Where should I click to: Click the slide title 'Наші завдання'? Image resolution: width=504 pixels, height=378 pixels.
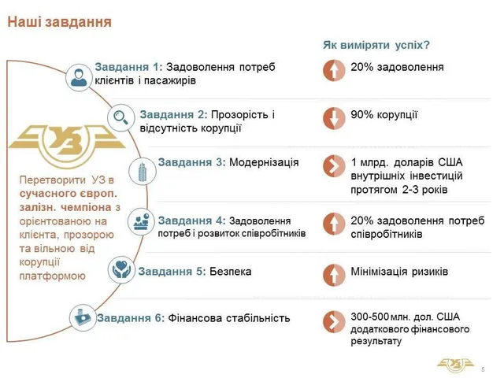(60, 22)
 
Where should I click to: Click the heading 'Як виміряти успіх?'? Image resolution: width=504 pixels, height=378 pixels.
(376, 45)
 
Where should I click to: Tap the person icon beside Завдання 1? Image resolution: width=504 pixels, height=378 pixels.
(79, 77)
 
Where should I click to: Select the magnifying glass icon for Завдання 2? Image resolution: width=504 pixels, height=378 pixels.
(120, 117)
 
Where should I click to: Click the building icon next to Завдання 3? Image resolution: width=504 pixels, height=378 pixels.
(142, 172)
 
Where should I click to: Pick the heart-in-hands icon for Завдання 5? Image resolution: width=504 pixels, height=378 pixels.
(121, 269)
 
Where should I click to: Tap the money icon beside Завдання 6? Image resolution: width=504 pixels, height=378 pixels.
(83, 317)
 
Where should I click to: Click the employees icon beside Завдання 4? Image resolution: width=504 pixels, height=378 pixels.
(142, 221)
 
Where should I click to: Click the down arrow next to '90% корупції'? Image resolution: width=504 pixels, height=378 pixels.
(334, 118)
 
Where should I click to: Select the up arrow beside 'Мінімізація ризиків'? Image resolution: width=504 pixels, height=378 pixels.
(334, 275)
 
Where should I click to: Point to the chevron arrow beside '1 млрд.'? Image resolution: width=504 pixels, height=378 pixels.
(334, 166)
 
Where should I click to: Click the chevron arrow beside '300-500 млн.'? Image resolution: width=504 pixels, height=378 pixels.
(334, 321)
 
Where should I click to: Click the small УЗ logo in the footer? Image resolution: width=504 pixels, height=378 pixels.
(455, 365)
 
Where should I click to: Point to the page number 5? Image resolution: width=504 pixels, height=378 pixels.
(483, 369)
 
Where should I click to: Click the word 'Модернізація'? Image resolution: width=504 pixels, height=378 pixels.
(264, 162)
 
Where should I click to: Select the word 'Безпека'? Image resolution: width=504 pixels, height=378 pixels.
(231, 272)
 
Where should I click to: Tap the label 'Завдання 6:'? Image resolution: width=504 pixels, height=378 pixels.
(131, 318)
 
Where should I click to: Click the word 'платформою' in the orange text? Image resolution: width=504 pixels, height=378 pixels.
(53, 276)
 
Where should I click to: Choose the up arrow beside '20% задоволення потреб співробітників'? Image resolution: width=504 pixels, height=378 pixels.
(334, 224)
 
